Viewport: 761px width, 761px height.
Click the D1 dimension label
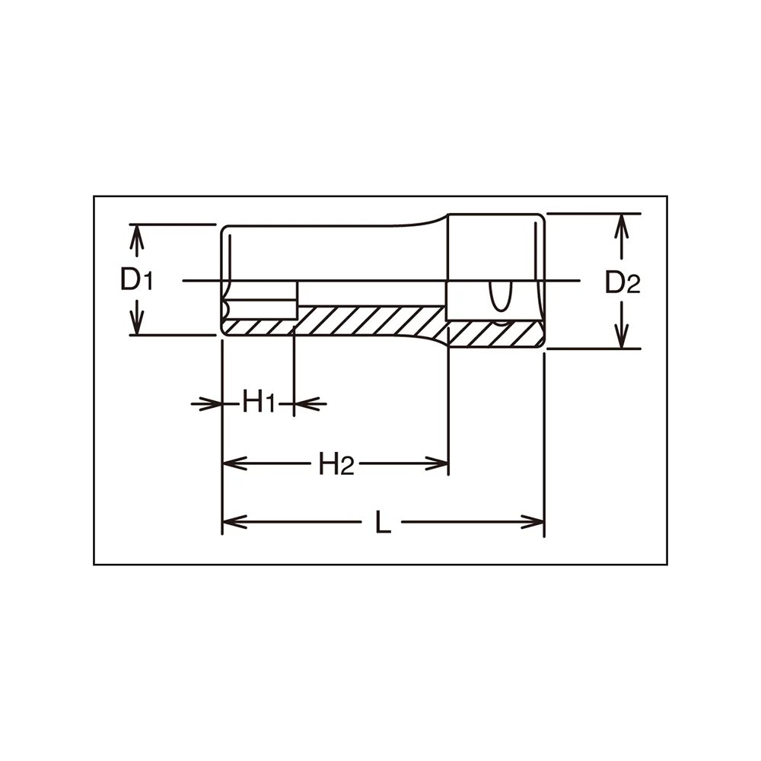point(136,280)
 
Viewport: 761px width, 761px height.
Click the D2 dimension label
point(622,282)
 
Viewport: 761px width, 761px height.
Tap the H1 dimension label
point(260,403)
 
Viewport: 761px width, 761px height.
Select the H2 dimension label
point(336,463)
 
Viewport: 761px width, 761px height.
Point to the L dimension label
point(383,523)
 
